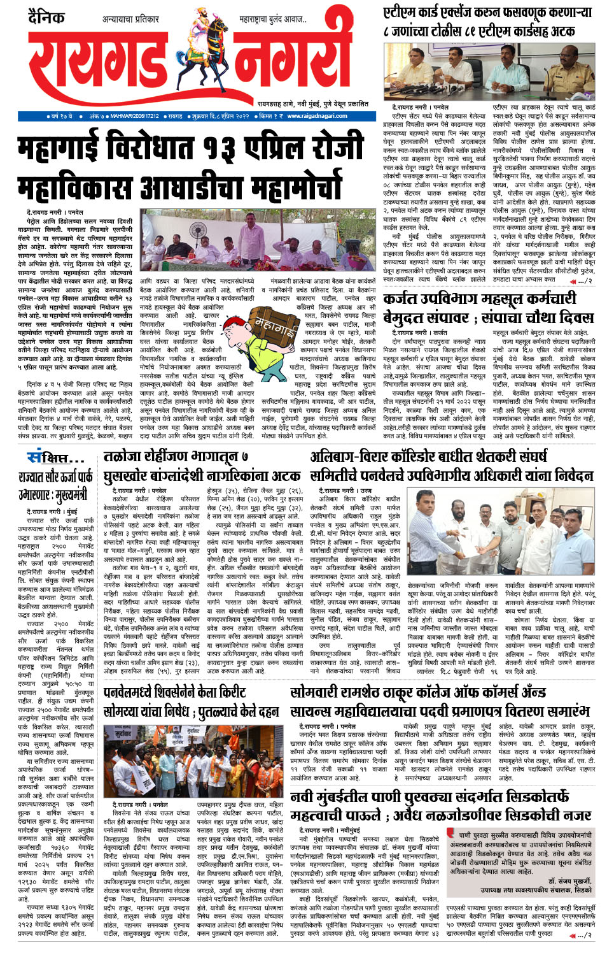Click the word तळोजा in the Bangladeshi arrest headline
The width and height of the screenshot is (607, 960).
coord(125,457)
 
